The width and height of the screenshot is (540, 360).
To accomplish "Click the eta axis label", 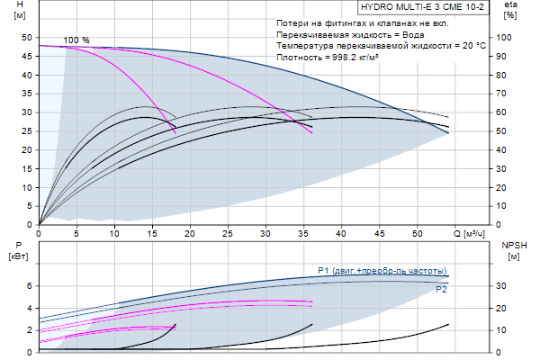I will pos(511,4).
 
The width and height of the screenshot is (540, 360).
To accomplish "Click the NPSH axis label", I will pos(513,245).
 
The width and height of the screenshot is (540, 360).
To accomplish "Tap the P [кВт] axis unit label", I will pos(19,256).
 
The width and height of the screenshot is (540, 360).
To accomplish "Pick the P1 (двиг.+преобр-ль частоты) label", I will pos(382,271).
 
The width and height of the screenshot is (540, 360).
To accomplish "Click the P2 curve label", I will pos(441,290).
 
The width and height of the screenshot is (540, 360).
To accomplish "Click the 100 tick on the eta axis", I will pos(509,37).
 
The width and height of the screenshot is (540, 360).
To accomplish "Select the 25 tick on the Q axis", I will pos(229,234).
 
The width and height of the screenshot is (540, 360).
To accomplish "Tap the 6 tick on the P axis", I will pos(28,286).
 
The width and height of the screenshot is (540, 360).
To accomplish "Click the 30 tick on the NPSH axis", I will pos(506,286).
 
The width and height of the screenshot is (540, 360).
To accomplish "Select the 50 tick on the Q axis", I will pos(418,234).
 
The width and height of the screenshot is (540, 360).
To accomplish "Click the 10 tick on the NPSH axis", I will pos(506,330).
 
